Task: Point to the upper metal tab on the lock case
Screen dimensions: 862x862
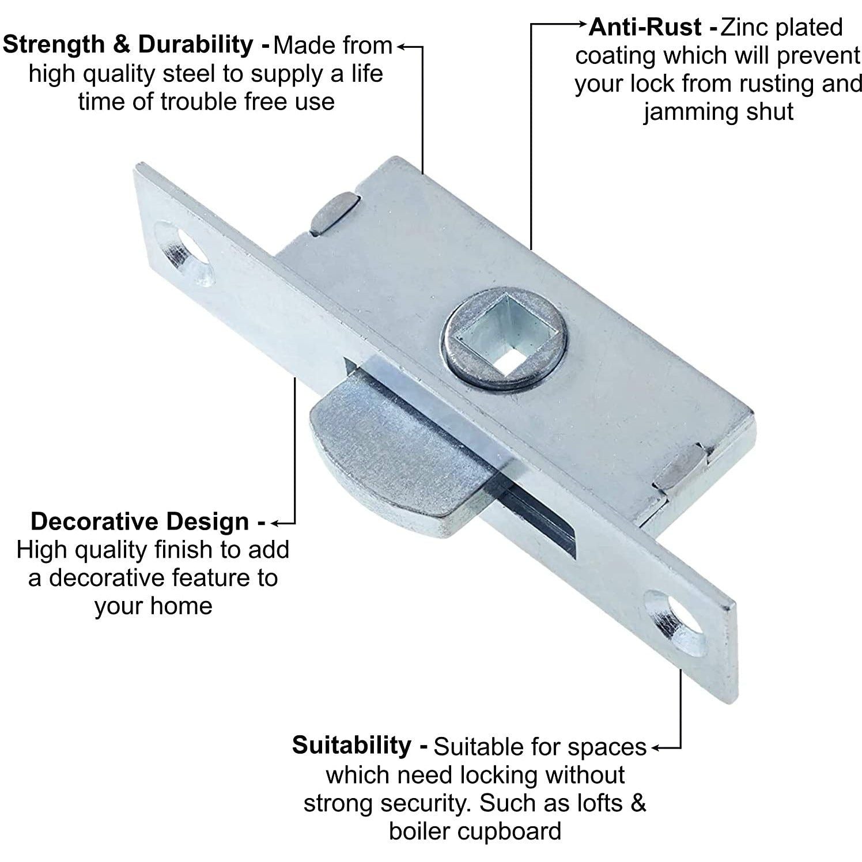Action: (x=333, y=214)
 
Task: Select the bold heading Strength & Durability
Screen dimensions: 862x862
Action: (x=136, y=45)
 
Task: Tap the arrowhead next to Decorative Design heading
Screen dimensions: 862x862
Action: (x=274, y=523)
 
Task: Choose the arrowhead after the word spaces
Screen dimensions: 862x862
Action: (x=656, y=748)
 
